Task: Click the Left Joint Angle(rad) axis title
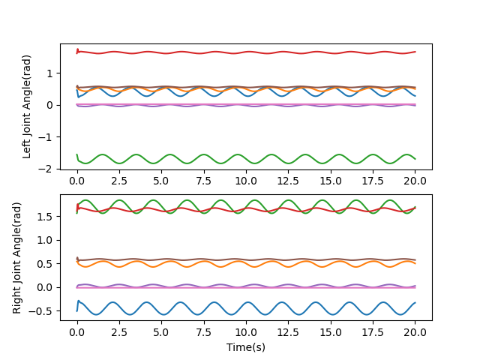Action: pyautogui.click(x=27, y=106)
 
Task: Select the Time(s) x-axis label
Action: pyautogui.click(x=246, y=347)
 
